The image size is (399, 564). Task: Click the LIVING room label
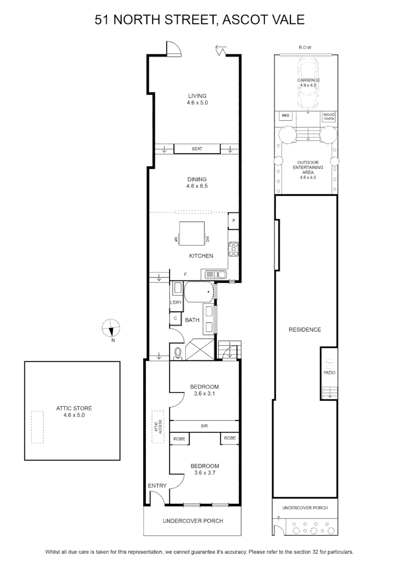point(197,96)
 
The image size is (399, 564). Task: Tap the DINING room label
point(197,179)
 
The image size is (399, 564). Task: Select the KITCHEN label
point(201,256)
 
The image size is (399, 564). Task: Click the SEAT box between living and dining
point(197,149)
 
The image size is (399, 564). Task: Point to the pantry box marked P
point(233,221)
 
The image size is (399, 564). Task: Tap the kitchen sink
point(216,275)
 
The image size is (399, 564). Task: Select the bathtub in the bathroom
point(199,292)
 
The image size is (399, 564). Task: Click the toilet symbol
point(178,353)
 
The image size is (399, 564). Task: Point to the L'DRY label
point(176,302)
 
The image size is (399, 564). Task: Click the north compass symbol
point(112,328)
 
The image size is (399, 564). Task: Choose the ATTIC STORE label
point(74,408)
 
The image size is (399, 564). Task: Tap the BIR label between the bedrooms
point(204,426)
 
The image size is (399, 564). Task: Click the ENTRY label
point(157,486)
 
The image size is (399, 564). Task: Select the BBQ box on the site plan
point(286,115)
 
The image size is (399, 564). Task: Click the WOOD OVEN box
point(329,116)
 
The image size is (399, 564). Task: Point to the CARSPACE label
point(308,80)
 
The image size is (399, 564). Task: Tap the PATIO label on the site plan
point(329,373)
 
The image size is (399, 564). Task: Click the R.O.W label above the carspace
point(305,48)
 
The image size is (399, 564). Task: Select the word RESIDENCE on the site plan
point(305,330)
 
